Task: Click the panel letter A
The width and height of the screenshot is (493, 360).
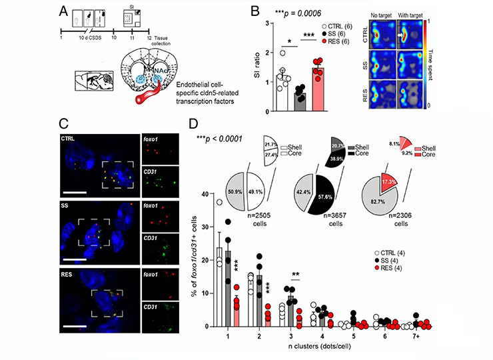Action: coord(65,11)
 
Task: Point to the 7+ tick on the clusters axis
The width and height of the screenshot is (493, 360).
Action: coord(417,338)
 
